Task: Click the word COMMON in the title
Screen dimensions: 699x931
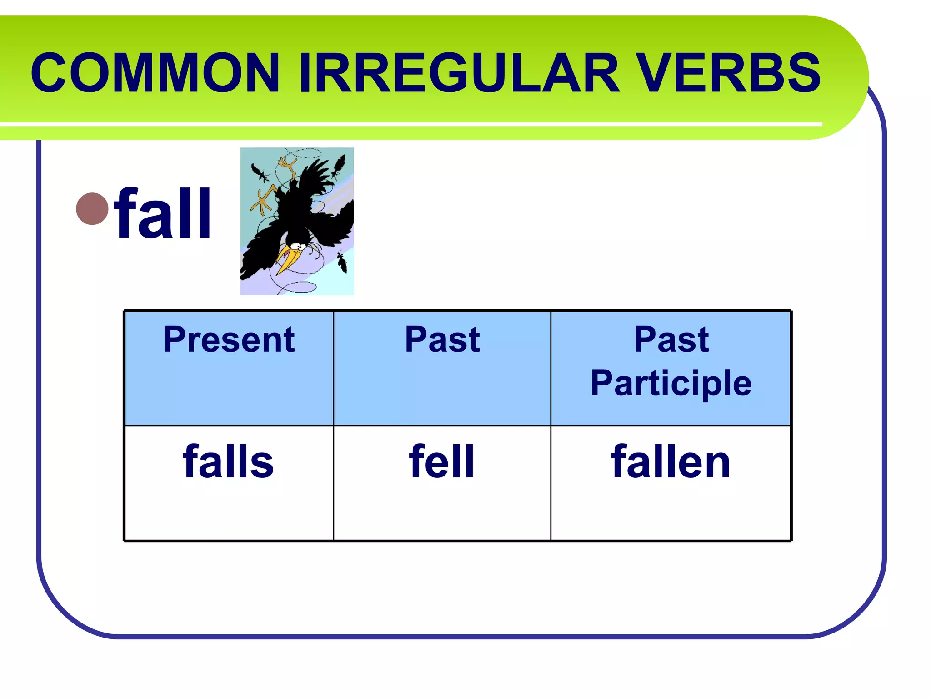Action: pyautogui.click(x=155, y=73)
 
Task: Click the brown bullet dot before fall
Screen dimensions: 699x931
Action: pyautogui.click(x=92, y=209)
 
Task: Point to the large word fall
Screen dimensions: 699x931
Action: pyautogui.click(x=163, y=214)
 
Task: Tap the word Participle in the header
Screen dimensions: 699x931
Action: pyautogui.click(x=671, y=384)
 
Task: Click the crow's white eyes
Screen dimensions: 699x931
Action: pyautogui.click(x=298, y=246)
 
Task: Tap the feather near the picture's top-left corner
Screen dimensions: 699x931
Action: pyautogui.click(x=260, y=173)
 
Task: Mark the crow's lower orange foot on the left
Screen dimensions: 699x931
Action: pyautogui.click(x=265, y=200)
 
